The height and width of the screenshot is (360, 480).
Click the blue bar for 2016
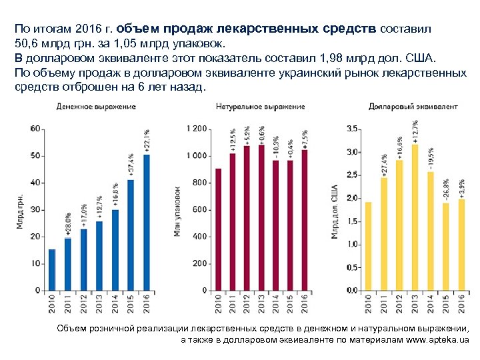pos(147,223)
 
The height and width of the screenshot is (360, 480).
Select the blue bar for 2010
pos(52,270)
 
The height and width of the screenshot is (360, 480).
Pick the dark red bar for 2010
pos(218,229)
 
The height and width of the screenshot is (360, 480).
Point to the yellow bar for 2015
pos(445,247)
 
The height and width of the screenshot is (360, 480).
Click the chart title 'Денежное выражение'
pos(96,107)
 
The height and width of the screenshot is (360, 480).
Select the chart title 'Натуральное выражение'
pos(261,107)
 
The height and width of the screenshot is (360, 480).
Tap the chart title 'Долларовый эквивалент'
pos(413,107)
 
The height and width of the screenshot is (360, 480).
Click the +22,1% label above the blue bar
pos(147,141)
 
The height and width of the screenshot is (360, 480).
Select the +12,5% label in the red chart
pos(233,141)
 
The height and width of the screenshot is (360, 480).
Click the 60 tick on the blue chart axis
pos(36,129)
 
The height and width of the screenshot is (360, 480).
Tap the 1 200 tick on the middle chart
pos(196,129)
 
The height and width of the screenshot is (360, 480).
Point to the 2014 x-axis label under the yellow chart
pos(430,303)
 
